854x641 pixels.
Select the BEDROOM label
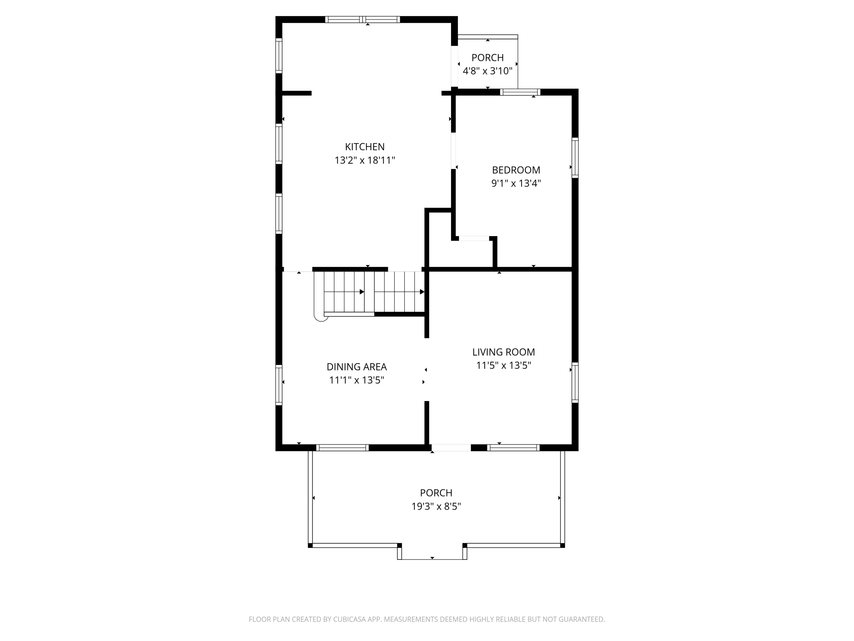pyautogui.click(x=516, y=170)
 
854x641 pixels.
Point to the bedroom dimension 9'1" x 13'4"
pyautogui.click(x=516, y=183)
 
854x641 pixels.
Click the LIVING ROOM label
pyautogui.click(x=504, y=352)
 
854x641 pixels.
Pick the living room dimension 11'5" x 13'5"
pyautogui.click(x=504, y=366)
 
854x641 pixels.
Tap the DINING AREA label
pyautogui.click(x=356, y=367)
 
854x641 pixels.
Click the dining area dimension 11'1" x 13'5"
pyautogui.click(x=356, y=380)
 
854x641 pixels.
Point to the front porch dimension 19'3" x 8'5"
pyautogui.click(x=436, y=506)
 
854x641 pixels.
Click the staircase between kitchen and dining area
pyautogui.click(x=371, y=292)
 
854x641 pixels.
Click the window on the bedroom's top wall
pyautogui.click(x=520, y=92)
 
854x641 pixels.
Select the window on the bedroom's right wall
pyautogui.click(x=575, y=158)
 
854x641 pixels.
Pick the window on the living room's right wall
pyautogui.click(x=575, y=383)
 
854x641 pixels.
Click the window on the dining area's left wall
pyautogui.click(x=279, y=385)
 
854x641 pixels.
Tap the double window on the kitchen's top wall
pyautogui.click(x=362, y=20)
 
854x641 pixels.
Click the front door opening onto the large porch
pyautogui.click(x=451, y=448)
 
